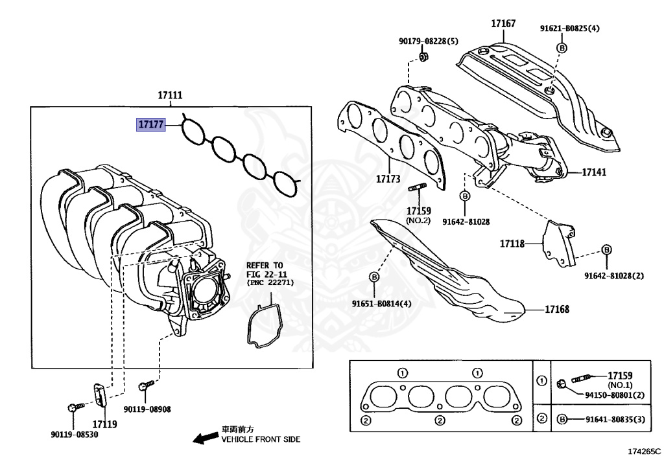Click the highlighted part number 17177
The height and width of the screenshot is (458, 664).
click(150, 123)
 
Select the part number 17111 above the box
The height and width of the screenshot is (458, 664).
click(170, 95)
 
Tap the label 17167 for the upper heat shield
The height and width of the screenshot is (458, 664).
click(503, 24)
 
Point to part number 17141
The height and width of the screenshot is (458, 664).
click(593, 173)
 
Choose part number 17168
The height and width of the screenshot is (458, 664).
click(556, 310)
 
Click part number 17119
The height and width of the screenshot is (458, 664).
click(104, 424)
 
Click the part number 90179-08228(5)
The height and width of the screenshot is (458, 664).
click(428, 41)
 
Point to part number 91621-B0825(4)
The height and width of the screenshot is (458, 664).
click(570, 29)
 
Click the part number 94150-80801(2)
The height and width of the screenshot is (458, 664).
click(615, 395)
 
